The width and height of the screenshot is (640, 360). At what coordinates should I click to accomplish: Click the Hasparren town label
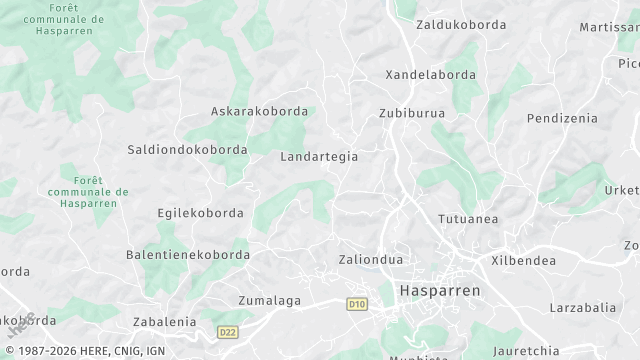[x=439, y=290]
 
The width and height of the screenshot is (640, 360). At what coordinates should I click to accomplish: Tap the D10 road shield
[x=357, y=303]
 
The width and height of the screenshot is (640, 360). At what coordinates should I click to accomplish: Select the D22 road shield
[x=228, y=329]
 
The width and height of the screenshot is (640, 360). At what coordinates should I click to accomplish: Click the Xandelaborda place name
[x=430, y=75]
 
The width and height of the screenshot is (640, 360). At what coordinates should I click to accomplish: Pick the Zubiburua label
[x=411, y=113]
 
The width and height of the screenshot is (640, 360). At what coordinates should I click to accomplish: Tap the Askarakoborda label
[x=259, y=112]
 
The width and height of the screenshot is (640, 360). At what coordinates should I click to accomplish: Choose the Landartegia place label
[x=319, y=157]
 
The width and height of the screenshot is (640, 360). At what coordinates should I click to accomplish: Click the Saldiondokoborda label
[x=188, y=149]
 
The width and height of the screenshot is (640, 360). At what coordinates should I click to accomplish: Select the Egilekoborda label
[x=200, y=213]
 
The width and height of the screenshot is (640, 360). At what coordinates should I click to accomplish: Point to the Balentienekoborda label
[x=187, y=255]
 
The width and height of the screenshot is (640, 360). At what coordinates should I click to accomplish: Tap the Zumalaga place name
[x=270, y=299]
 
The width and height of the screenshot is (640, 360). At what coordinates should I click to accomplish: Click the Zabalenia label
[x=164, y=322]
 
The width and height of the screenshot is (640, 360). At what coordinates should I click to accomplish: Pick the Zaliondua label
[x=370, y=259]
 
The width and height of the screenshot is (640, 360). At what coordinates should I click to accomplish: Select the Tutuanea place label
[x=468, y=219]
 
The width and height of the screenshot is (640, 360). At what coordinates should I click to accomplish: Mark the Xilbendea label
[x=523, y=259]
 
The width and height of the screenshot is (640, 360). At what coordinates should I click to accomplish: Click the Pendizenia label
[x=562, y=118]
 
